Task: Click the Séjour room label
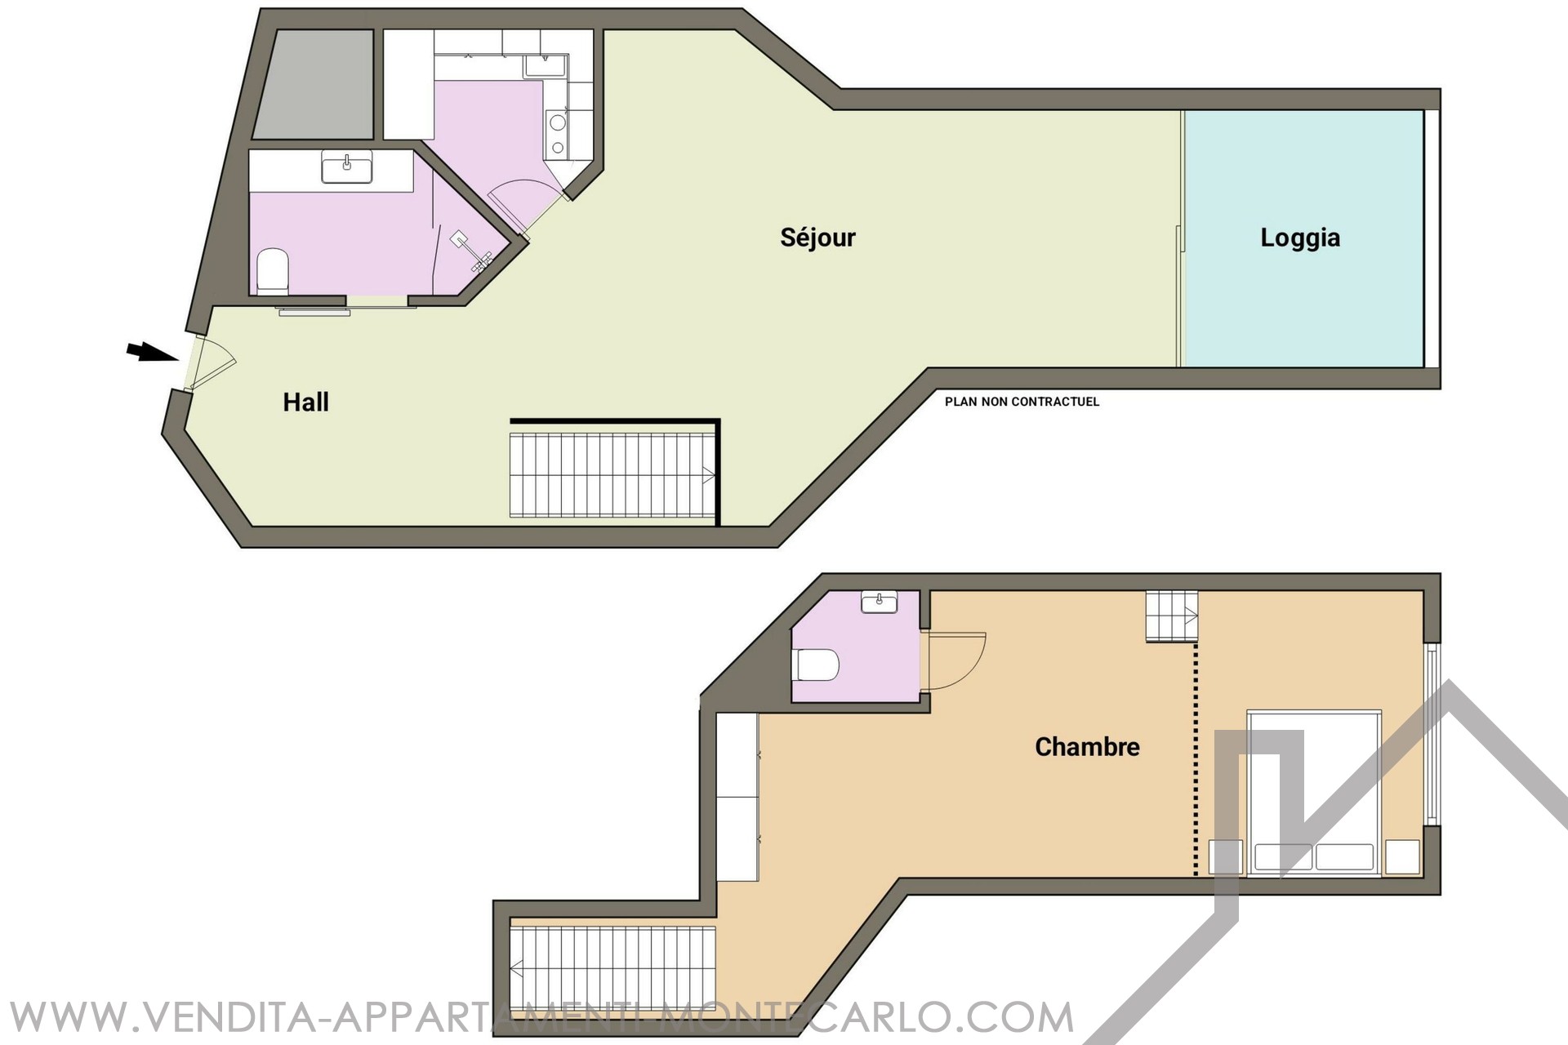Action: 817,238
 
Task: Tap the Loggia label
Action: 1300,238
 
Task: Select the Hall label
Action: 306,402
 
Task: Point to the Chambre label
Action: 1087,746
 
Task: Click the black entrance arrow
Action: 152,352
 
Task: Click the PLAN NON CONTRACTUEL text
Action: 1022,402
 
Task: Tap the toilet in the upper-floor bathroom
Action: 817,665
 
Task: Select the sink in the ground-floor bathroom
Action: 347,167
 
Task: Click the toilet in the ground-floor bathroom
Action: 273,271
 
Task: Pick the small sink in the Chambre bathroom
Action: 879,603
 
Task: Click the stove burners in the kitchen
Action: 558,135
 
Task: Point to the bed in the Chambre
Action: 1313,793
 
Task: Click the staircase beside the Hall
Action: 612,475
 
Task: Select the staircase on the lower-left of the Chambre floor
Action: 612,968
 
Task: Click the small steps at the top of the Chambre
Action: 1172,616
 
